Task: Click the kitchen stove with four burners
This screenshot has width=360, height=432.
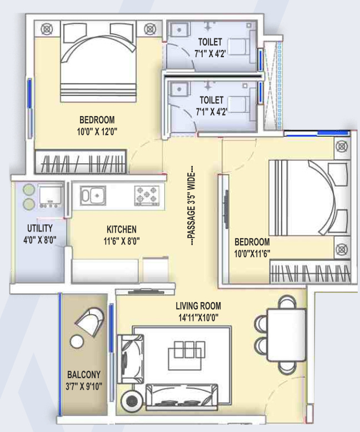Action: click(147, 195)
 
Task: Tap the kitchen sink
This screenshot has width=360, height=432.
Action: click(93, 195)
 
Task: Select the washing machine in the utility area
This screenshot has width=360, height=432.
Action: click(50, 197)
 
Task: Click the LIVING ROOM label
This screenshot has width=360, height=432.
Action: click(198, 306)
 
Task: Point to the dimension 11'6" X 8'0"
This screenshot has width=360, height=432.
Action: click(122, 242)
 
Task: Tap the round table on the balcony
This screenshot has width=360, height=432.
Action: click(77, 342)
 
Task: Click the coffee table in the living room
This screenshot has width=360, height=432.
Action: click(187, 356)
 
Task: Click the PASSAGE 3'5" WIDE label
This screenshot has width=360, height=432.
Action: click(192, 205)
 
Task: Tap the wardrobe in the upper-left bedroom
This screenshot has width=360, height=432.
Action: click(81, 162)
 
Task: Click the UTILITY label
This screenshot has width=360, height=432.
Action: click(40, 228)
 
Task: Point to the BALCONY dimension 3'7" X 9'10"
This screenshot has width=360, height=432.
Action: click(84, 386)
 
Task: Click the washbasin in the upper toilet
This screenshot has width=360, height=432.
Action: click(179, 29)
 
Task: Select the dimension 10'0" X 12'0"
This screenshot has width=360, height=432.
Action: click(97, 132)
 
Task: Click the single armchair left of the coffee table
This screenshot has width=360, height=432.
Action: click(131, 359)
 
